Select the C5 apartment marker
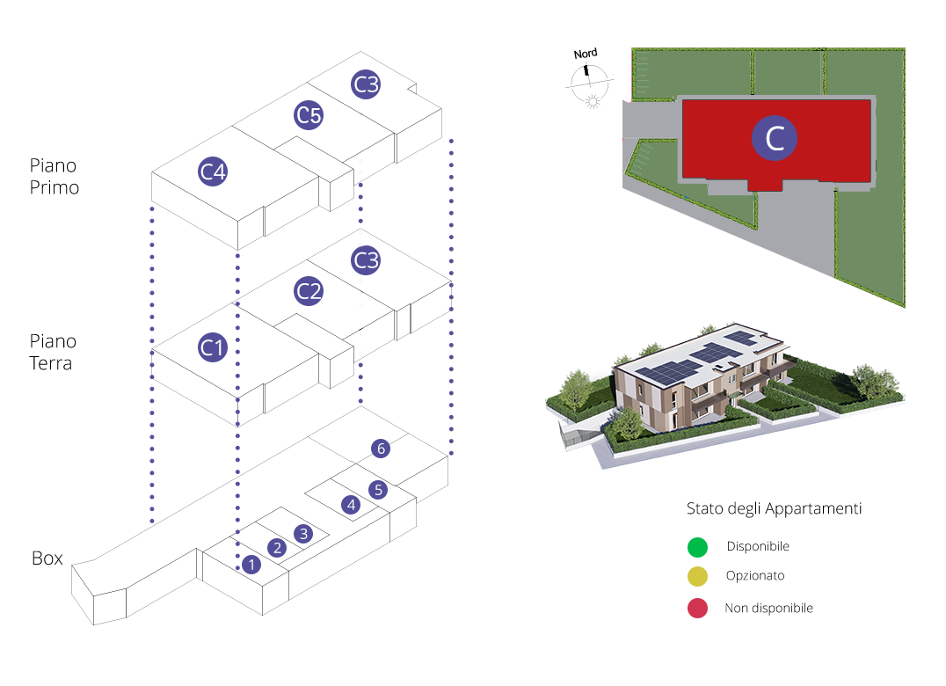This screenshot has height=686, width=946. coord(309,115)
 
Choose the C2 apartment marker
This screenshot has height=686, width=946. coord(309,291)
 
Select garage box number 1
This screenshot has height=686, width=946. coord(252,565)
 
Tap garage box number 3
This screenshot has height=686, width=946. coord(303,533)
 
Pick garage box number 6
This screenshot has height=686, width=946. coord(381,449)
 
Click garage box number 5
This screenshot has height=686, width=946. coord(378,490)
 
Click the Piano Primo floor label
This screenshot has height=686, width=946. coord(55,177)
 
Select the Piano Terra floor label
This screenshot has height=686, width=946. coord(53,352)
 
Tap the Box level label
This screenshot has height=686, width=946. coord(47,558)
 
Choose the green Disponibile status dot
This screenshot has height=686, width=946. coord(697,547)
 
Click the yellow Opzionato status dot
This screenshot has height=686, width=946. coord(697,577)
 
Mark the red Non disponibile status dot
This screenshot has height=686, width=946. coord(697,608)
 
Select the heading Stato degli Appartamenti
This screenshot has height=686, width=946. coord(774,509)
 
